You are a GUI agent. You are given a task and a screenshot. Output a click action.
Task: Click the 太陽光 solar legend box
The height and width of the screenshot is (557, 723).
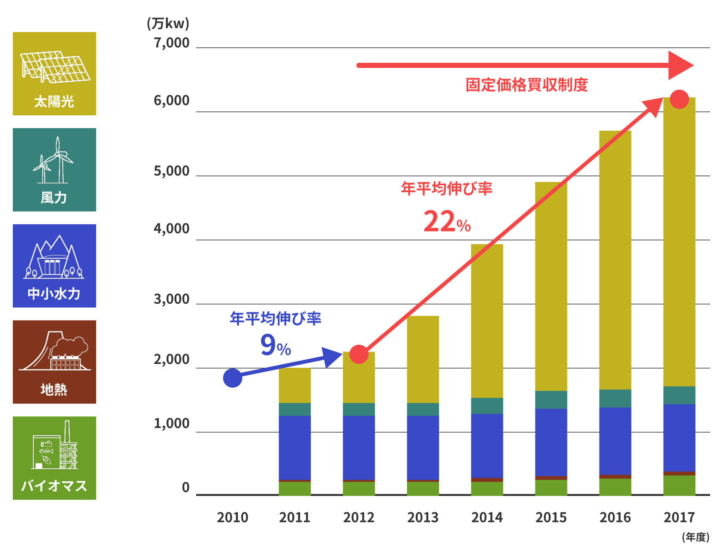[x=54, y=73]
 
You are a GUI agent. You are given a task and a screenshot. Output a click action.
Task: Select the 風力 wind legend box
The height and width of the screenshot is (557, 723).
[x=54, y=170]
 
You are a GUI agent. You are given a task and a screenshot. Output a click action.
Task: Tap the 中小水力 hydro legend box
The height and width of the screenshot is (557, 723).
[x=54, y=266]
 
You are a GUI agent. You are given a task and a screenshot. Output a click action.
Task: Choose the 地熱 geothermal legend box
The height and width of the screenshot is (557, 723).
[x=54, y=362]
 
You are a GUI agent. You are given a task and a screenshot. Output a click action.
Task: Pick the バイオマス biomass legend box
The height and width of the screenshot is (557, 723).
[x=54, y=458]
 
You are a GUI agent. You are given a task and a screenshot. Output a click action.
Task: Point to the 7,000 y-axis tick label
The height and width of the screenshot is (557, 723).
[x=171, y=43]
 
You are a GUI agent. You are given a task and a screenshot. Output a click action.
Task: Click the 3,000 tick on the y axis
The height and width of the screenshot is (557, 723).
[x=171, y=299]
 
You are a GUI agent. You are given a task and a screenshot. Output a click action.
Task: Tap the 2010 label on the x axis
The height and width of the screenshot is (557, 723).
[x=232, y=518]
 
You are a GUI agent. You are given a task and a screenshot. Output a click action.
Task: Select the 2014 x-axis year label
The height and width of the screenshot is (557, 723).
[x=487, y=518]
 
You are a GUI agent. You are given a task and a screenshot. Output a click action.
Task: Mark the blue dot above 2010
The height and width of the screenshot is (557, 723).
[x=233, y=378]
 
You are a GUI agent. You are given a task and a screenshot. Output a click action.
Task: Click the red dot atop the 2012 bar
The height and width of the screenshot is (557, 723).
[x=359, y=355]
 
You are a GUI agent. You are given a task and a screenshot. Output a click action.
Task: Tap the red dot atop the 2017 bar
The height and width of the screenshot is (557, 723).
[x=679, y=100]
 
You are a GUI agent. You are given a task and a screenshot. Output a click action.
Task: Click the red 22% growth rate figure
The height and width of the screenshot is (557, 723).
[x=447, y=222]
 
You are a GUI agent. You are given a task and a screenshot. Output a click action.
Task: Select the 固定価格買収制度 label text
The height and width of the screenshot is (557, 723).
[x=526, y=85]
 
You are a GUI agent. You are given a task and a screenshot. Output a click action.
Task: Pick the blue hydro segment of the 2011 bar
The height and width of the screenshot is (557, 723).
[x=295, y=448]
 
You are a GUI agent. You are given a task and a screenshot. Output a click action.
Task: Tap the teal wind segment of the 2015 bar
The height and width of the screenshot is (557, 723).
[x=551, y=400]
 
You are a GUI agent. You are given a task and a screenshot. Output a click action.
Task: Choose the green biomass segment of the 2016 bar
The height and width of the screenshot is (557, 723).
[x=615, y=487]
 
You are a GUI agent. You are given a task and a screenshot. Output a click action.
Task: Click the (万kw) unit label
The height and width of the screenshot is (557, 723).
[x=168, y=23]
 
